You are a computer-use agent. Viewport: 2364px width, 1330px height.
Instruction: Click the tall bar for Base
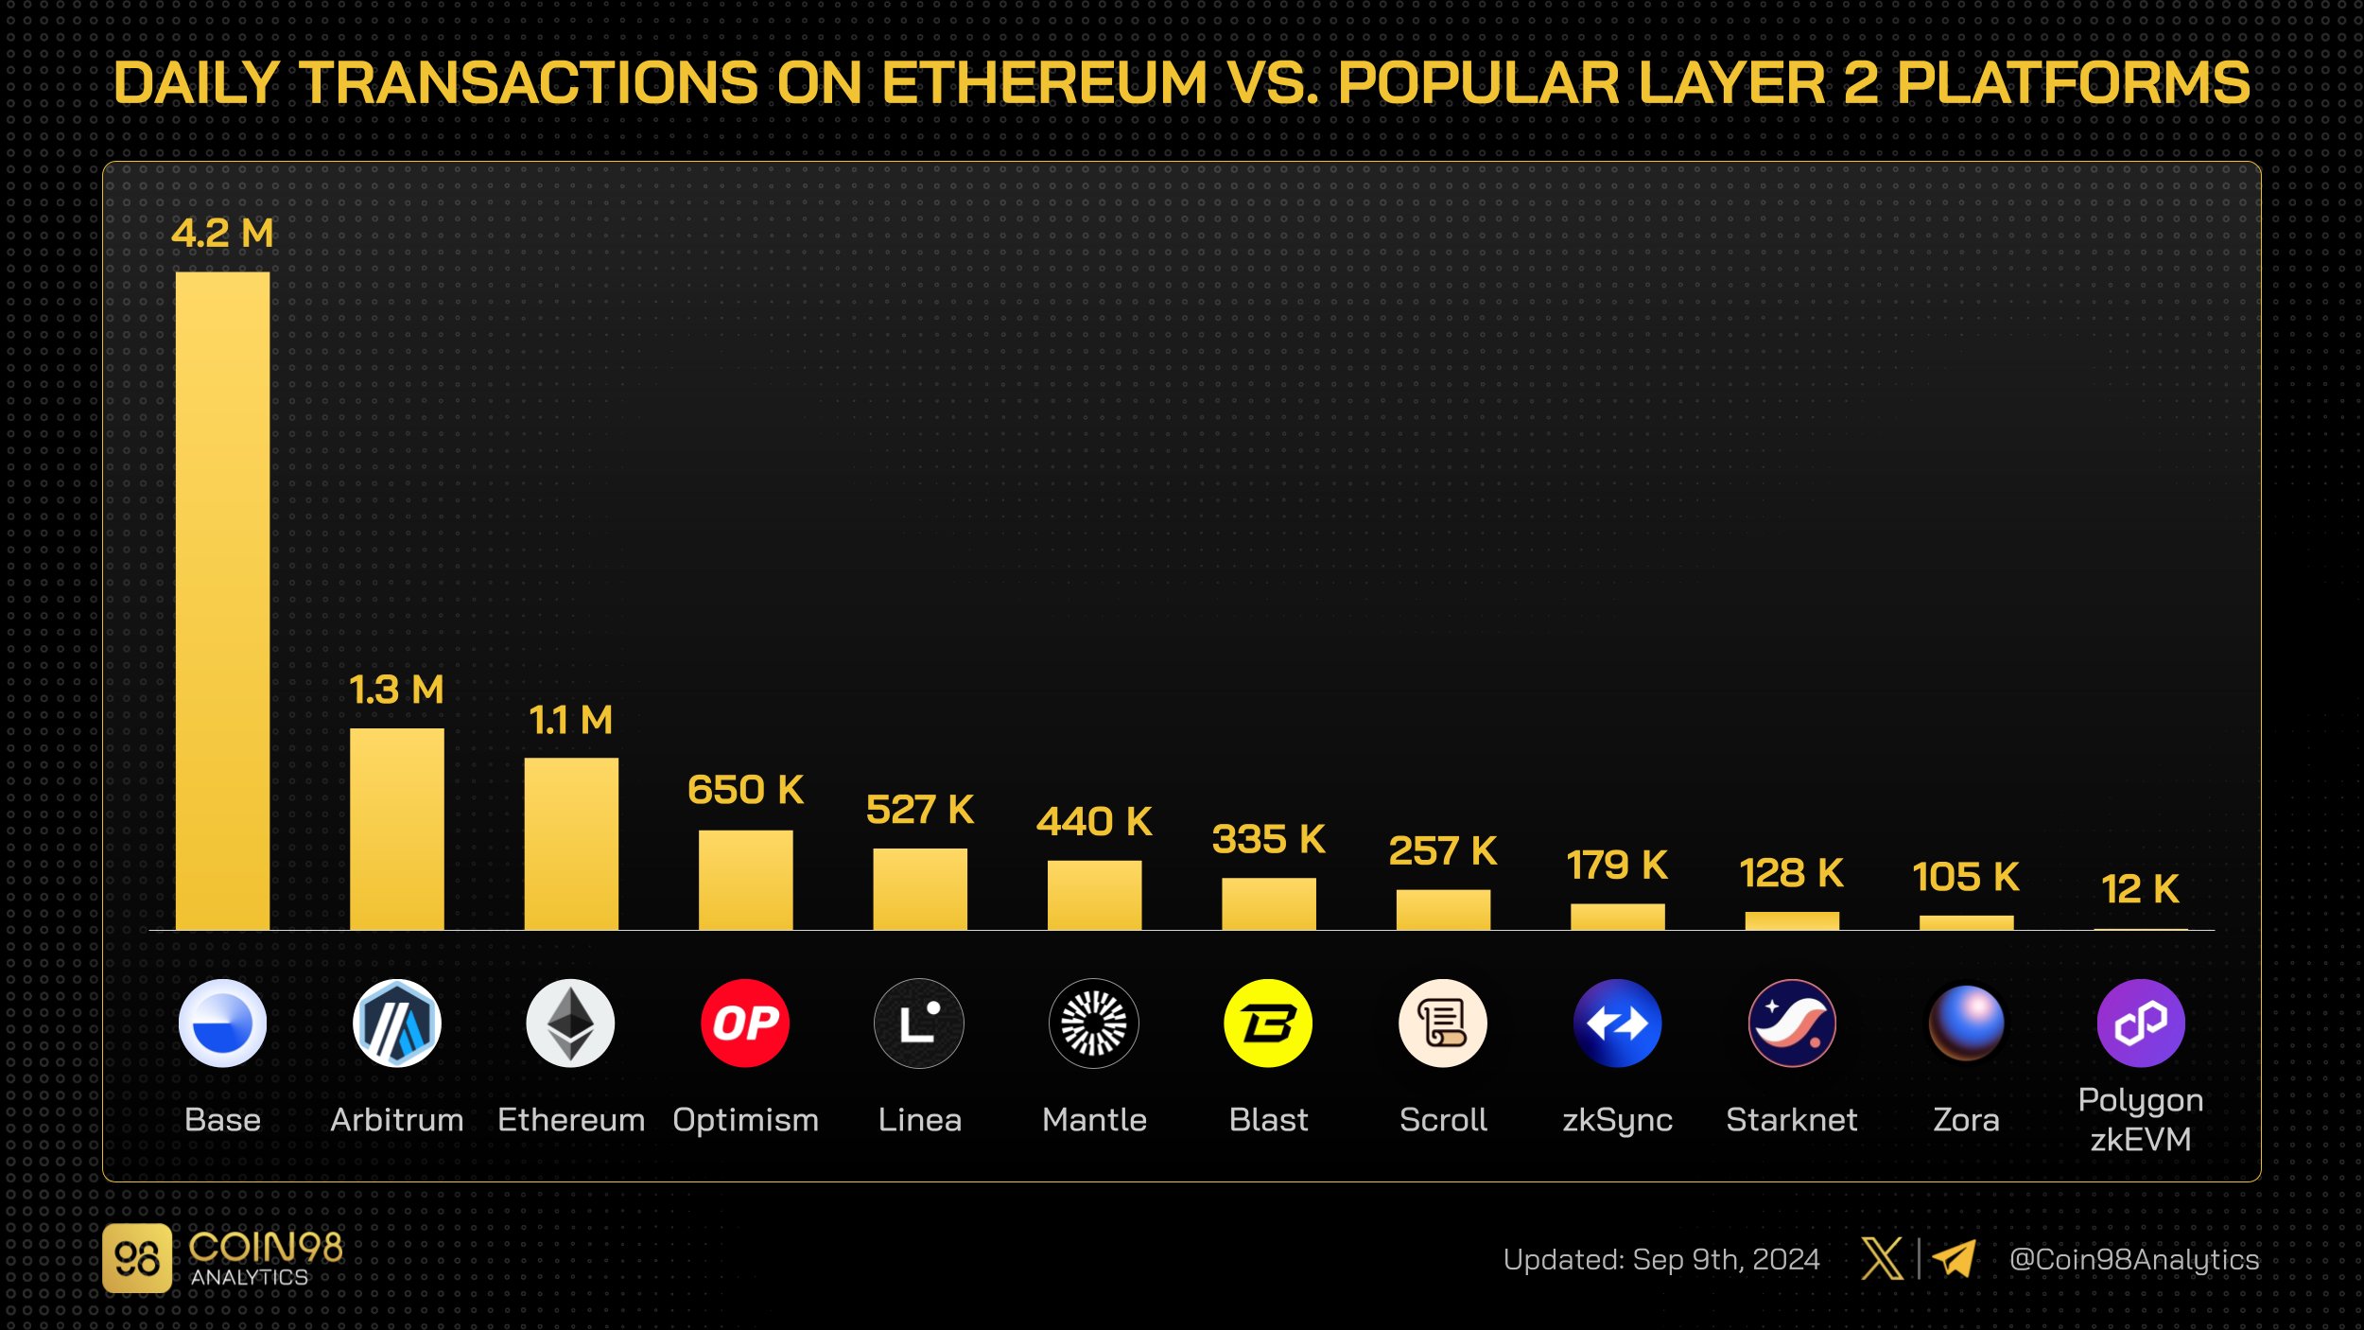(x=222, y=601)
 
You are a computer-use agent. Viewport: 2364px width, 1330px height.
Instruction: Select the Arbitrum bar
(x=396, y=829)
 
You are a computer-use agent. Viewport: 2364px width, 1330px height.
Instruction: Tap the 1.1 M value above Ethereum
(x=570, y=721)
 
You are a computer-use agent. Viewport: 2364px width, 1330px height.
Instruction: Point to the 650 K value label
(x=745, y=790)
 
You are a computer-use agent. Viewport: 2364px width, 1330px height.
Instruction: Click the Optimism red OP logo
(x=745, y=1024)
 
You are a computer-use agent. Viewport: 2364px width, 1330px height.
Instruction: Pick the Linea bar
(x=919, y=889)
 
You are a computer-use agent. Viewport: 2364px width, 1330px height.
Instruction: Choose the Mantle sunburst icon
(x=1094, y=1024)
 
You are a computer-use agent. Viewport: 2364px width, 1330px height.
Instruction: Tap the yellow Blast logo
(x=1268, y=1024)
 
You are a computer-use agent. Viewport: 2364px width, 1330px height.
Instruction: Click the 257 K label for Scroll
(x=1442, y=851)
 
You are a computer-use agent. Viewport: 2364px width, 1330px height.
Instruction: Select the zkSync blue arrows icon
(x=1617, y=1024)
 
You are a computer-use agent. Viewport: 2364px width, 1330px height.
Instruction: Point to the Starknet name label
(x=1791, y=1120)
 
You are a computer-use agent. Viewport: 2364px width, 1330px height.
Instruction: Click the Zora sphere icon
(x=1966, y=1024)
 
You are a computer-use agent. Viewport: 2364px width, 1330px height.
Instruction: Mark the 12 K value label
(x=2140, y=889)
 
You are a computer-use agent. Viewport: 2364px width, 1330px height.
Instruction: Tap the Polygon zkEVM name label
(x=2140, y=1120)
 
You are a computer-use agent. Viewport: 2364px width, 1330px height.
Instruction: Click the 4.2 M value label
(x=222, y=234)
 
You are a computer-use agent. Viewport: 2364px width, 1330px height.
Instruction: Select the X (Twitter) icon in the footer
(x=1882, y=1259)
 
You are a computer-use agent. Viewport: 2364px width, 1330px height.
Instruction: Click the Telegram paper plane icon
(x=1954, y=1259)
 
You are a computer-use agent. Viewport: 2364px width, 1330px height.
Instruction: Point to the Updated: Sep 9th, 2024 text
(x=1660, y=1260)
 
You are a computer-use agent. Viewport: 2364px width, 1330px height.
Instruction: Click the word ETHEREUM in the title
(x=1044, y=83)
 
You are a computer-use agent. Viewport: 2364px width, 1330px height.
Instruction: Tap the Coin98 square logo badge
(x=137, y=1259)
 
